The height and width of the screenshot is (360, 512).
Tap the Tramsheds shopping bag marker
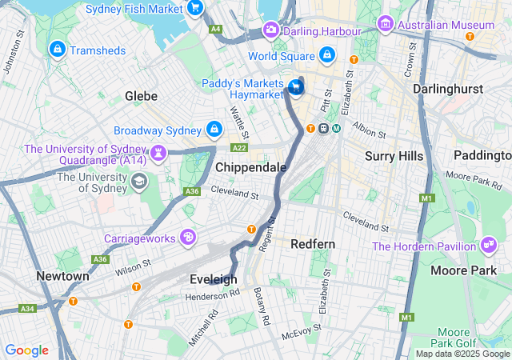57,50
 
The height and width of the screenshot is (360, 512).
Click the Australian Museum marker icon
386,25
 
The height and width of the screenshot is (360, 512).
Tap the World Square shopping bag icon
326,55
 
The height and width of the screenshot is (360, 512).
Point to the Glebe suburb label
141,96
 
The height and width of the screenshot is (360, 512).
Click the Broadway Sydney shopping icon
214,130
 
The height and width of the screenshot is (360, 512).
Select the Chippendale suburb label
250,167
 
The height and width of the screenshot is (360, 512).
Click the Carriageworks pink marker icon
188,238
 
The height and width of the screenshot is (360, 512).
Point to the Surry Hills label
394,155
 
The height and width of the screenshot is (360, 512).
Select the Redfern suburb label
313,243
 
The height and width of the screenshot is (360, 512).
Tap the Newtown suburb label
62,276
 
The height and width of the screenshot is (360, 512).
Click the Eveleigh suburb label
213,279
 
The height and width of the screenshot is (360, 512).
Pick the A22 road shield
238,148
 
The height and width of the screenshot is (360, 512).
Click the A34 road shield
27,308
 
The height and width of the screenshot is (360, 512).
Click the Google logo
26,350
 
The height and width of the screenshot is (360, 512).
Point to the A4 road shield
215,29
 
